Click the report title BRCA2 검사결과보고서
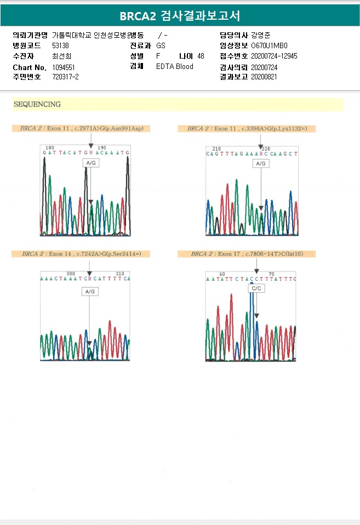click(x=180, y=15)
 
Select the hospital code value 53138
click(x=60, y=45)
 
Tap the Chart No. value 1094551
click(x=64, y=67)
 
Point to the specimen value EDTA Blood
click(x=175, y=67)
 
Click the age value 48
click(x=201, y=56)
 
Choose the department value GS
click(x=161, y=45)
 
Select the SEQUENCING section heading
click(x=37, y=104)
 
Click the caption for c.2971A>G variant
click(x=81, y=129)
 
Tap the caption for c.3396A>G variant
click(x=247, y=129)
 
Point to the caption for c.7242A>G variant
click(x=81, y=254)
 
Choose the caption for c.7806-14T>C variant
click(x=247, y=254)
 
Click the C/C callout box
click(x=256, y=288)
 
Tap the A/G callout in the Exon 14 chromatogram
click(x=90, y=292)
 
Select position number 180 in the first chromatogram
click(x=50, y=148)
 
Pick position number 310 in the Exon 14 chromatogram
click(x=120, y=273)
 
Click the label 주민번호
click(x=27, y=77)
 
